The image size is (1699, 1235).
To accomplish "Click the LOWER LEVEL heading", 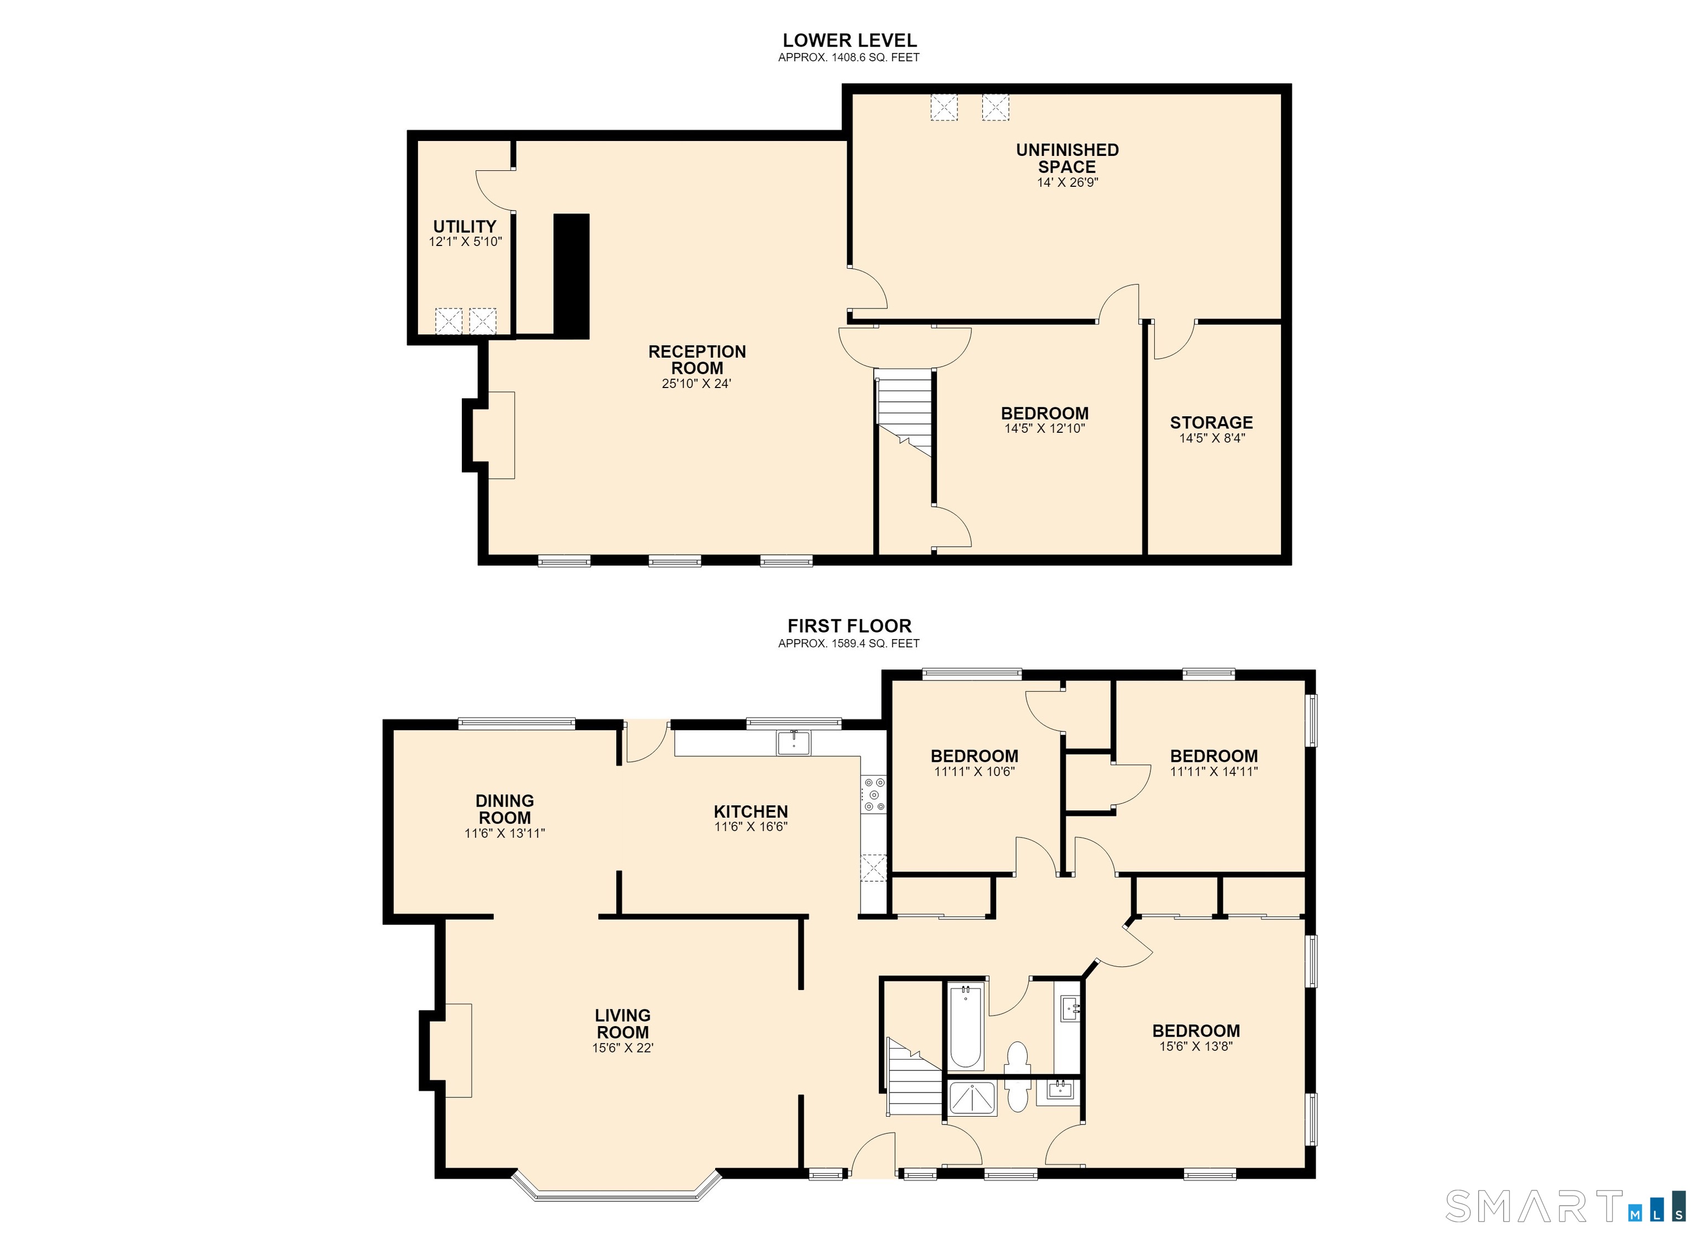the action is (x=849, y=40).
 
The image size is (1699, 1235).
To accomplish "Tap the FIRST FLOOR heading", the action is (x=849, y=626).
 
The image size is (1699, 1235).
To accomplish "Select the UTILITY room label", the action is (x=465, y=226).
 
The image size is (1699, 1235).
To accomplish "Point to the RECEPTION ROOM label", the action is (x=697, y=359).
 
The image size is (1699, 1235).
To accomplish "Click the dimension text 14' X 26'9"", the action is (x=1067, y=182).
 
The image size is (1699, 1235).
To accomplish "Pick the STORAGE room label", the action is (x=1211, y=422).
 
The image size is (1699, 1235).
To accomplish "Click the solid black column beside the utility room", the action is (x=571, y=276).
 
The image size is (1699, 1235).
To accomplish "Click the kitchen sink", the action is (x=793, y=743).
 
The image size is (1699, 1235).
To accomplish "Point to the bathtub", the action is (x=966, y=1027).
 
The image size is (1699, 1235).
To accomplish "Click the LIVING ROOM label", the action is (x=623, y=1024).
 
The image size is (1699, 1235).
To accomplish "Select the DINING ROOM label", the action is (x=505, y=809).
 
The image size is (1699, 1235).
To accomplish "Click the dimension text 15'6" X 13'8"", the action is (x=1196, y=1046).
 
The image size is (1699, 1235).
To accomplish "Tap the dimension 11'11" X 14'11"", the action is (x=1213, y=771).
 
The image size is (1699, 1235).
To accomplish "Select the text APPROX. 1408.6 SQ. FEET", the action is (x=849, y=57).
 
